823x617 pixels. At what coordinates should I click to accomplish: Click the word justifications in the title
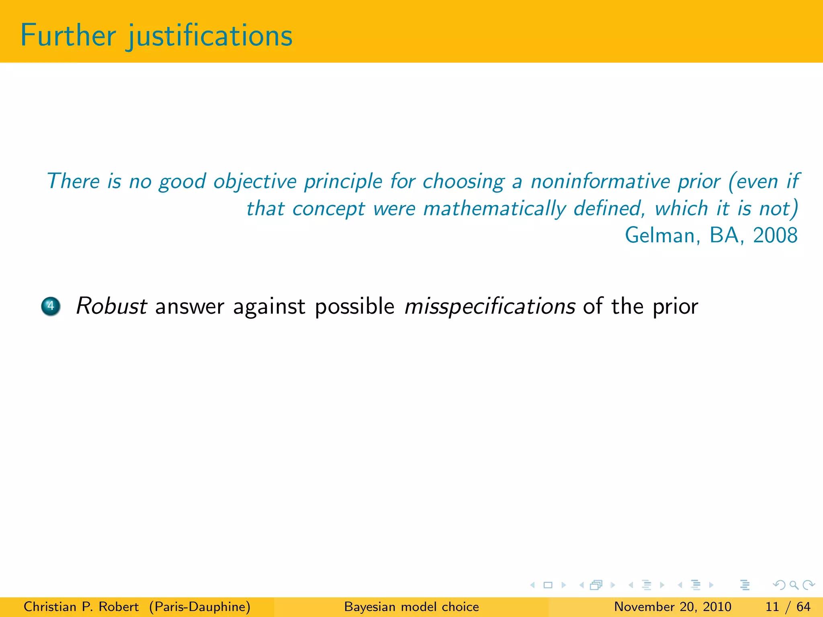(x=210, y=36)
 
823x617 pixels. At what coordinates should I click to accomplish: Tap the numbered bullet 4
(x=51, y=306)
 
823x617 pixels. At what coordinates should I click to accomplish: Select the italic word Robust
(x=111, y=306)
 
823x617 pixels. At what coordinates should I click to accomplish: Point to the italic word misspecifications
(x=490, y=306)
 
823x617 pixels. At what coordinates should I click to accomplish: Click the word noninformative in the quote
(x=600, y=181)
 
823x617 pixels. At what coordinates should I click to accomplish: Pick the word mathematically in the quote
(x=494, y=208)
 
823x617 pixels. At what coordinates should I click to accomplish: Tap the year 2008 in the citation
(x=775, y=235)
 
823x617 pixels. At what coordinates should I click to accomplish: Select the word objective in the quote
(x=255, y=181)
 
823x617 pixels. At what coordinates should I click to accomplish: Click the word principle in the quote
(x=343, y=181)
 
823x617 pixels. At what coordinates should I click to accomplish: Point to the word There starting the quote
(x=73, y=181)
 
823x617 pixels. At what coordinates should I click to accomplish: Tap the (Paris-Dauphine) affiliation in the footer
(x=200, y=607)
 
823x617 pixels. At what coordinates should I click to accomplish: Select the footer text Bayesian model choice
(x=411, y=607)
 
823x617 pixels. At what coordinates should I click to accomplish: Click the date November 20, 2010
(x=672, y=607)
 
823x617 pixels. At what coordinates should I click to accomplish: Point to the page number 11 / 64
(x=788, y=607)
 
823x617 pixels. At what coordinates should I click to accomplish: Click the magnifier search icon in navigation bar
(x=794, y=585)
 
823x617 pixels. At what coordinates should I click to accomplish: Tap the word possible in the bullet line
(x=354, y=306)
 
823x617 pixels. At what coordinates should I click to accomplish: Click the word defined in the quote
(x=609, y=208)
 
